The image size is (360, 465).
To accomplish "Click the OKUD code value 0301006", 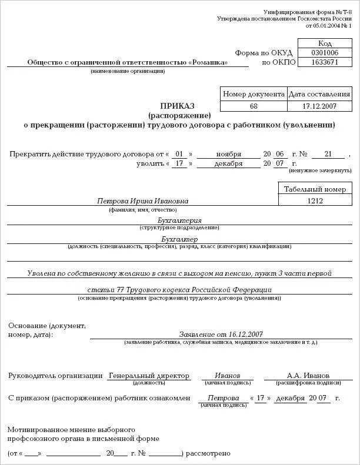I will [325, 53].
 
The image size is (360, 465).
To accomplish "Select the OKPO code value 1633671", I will [325, 62].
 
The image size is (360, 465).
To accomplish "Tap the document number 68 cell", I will [254, 106].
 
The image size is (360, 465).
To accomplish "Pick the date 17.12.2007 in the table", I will [319, 106].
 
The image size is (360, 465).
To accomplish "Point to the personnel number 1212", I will [315, 200].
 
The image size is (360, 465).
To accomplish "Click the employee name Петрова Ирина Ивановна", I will [143, 201].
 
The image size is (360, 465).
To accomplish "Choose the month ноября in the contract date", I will [228, 154].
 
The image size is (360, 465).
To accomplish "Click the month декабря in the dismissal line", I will [228, 164].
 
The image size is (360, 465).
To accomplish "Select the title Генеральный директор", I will [149, 376].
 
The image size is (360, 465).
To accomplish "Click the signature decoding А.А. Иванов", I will [308, 376].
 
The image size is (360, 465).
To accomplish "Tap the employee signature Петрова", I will [223, 398].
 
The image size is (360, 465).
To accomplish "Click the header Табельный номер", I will [315, 189].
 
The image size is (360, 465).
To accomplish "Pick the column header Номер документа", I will [254, 94].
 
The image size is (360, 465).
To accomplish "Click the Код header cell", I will [325, 43].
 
